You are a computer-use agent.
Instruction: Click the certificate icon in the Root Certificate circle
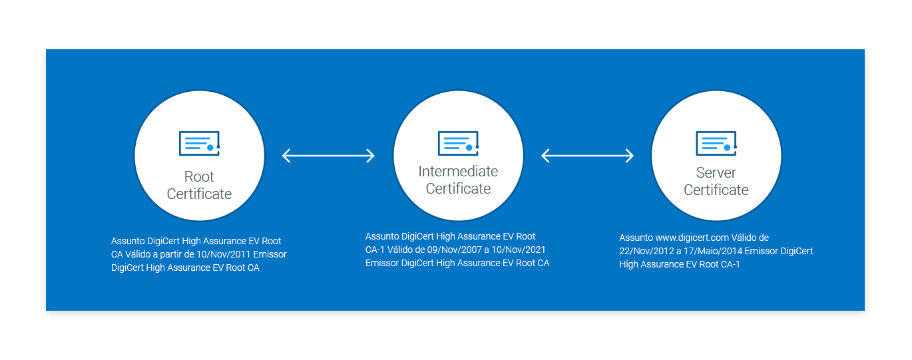click(x=199, y=144)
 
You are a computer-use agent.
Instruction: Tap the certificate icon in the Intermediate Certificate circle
click(x=458, y=144)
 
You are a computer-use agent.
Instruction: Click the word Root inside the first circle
click(x=199, y=177)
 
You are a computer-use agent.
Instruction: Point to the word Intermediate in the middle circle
click(x=458, y=172)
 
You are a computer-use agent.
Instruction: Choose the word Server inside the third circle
click(x=716, y=173)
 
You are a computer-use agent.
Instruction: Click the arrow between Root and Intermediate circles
click(x=328, y=156)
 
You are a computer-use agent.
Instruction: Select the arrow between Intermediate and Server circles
click(x=587, y=156)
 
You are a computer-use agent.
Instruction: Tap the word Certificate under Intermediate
click(x=458, y=189)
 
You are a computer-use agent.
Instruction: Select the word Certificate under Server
click(x=716, y=190)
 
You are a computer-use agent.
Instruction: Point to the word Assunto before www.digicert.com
click(x=636, y=238)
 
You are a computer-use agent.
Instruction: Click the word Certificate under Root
click(x=199, y=194)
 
